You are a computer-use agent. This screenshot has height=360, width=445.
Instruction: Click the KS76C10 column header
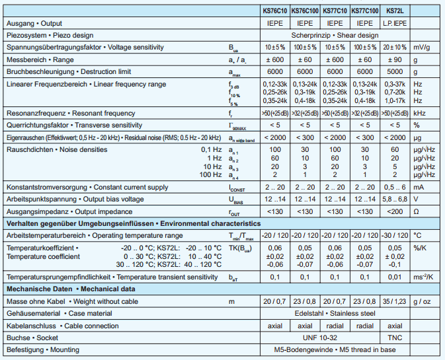coord(273,11)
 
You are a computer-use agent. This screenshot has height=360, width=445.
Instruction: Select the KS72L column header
coord(394,11)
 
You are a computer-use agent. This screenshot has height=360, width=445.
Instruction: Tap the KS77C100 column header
coord(364,11)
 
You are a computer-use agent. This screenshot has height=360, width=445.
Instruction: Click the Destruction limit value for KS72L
coord(395,71)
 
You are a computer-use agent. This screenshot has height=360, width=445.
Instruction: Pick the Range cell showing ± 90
coord(395,59)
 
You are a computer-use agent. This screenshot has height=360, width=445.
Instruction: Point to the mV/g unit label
coord(421,47)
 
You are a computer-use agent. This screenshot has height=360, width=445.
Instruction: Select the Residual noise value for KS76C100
coord(304,137)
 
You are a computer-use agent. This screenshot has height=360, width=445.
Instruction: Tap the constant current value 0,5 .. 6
coord(395,188)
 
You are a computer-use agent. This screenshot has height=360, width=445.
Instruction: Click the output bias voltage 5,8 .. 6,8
coord(395,199)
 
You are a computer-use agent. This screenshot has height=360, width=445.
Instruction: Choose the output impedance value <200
coord(395,211)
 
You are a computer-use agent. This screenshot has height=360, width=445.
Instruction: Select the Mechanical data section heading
coord(70,289)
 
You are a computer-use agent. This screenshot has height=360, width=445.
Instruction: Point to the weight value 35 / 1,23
coord(395,301)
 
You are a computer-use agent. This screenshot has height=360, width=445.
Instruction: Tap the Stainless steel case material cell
coord(334,313)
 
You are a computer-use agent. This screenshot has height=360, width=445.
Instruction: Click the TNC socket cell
coord(395,337)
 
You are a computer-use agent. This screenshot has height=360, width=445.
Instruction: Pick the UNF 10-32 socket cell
coord(319,337)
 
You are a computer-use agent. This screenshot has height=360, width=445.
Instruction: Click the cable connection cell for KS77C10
coord(334,325)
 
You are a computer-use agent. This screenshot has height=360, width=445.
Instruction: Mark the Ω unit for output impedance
coord(417,211)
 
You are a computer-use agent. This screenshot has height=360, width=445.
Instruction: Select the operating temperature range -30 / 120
coord(395,235)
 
